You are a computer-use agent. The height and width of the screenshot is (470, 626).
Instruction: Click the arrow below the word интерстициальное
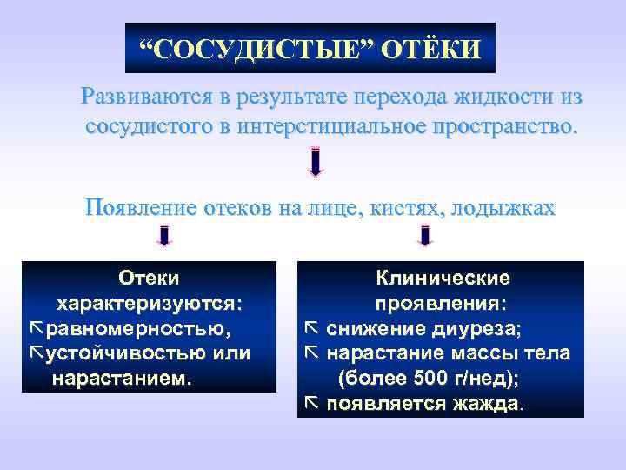316,162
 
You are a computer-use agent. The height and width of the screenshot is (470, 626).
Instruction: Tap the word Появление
141,207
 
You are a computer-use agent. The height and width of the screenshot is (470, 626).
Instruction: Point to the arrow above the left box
164,236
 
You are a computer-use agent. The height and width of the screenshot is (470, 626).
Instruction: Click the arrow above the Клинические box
425,236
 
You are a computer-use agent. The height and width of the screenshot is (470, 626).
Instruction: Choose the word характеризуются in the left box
150,304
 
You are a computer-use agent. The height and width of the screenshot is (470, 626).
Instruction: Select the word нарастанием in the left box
122,379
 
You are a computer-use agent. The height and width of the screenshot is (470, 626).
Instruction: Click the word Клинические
443,279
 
